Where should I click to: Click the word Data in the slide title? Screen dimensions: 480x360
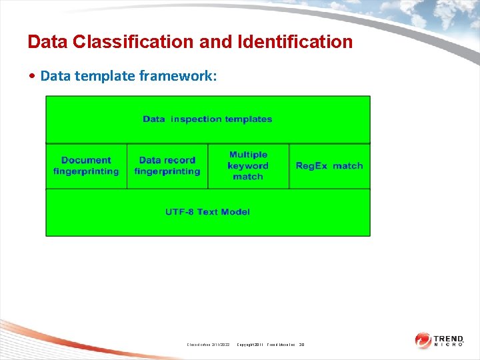47,42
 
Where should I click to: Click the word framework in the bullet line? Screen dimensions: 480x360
178,76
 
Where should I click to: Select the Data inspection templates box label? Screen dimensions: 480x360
207,119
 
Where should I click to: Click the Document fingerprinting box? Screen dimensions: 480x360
86,166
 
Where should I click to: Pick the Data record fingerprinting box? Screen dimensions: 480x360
167,166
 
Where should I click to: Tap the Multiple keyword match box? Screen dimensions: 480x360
248,165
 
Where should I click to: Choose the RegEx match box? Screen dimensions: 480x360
329,165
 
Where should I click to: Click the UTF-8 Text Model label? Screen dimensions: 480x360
207,212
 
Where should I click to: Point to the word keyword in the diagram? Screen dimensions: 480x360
248,165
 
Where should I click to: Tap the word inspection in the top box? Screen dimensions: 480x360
196,119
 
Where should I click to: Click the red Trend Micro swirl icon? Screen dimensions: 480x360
423,341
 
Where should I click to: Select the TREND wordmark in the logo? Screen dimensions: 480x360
449,338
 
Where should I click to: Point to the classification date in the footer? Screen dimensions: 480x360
208,345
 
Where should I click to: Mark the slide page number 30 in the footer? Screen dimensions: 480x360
301,345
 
